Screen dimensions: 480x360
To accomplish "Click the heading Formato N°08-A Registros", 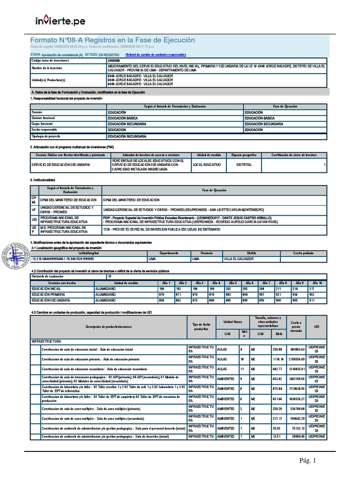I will coord(112,40).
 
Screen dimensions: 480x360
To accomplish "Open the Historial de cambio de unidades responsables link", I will coord(153,55).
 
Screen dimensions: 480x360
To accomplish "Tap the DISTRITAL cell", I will coord(244,165).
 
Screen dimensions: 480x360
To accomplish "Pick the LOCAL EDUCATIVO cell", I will coord(208,165).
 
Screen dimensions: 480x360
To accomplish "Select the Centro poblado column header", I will coord(304,253).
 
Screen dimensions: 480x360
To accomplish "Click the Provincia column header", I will coord(207,253).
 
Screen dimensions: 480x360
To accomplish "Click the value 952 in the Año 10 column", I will coord(313,294).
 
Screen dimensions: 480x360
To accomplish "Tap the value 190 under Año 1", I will coord(165,289).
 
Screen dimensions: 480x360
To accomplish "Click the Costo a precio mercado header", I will coord(295,327).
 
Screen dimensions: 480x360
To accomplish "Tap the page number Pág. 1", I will coord(308,461).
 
